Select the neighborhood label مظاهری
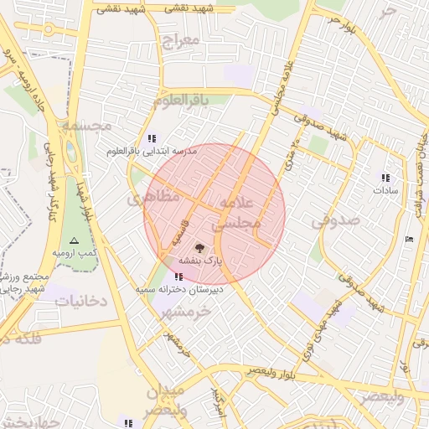click(x=153, y=198)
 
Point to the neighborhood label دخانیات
click(x=81, y=300)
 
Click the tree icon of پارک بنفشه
click(x=199, y=248)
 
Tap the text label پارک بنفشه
click(x=200, y=261)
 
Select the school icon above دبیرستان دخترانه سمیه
click(x=178, y=277)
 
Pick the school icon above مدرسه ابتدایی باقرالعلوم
click(x=151, y=138)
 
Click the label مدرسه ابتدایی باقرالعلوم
click(x=151, y=152)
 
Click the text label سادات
click(x=386, y=190)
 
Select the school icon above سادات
click(x=385, y=178)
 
